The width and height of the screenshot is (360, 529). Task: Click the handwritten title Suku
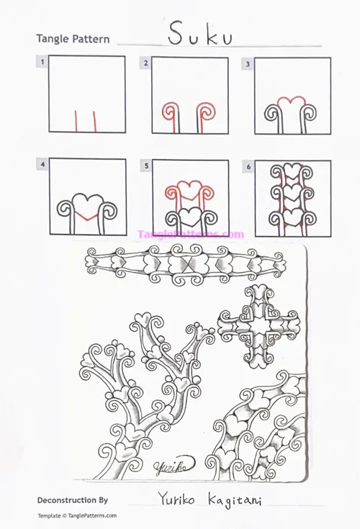pos(190,34)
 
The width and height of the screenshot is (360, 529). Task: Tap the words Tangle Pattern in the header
pos(72,38)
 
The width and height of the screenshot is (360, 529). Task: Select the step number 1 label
pos(43,63)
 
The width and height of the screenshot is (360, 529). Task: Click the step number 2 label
pos(146,63)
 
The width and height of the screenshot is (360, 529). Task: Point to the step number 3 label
pos(248,63)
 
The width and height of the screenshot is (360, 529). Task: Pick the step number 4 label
pos(43,166)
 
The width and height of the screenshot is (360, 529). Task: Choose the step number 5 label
pos(146,166)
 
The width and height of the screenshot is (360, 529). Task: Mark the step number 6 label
pos(248,166)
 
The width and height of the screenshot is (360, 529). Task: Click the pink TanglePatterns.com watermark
pos(191,234)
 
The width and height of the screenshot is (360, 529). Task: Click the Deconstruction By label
pos(72,499)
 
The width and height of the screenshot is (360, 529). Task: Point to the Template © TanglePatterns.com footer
pos(77,515)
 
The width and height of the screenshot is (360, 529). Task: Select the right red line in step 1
pos(95,122)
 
